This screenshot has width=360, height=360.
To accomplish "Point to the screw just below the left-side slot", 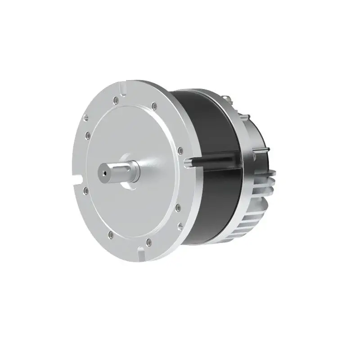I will click(x=85, y=191).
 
